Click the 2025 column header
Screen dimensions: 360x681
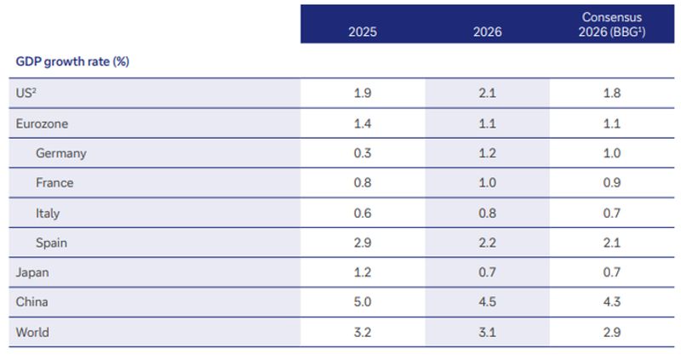coord(363,32)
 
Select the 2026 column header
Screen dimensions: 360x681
coord(488,32)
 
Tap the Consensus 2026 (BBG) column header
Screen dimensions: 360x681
coord(611,25)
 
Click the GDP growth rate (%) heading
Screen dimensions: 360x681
coord(72,62)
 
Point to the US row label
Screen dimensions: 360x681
coord(26,93)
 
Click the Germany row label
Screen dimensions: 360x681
coord(61,153)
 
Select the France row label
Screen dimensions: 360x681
coord(54,183)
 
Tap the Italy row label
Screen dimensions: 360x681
coord(48,213)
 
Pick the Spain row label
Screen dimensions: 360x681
coord(52,243)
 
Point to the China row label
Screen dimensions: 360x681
coord(32,302)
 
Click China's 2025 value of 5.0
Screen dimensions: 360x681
coord(363,302)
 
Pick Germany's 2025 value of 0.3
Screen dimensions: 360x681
coord(363,153)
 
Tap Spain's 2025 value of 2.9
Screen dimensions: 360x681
coord(363,243)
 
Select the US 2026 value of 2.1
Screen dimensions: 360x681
coord(488,93)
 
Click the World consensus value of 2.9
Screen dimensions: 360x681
coord(611,332)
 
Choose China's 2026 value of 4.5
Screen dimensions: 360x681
coord(488,302)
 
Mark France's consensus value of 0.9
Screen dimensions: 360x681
coord(611,183)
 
